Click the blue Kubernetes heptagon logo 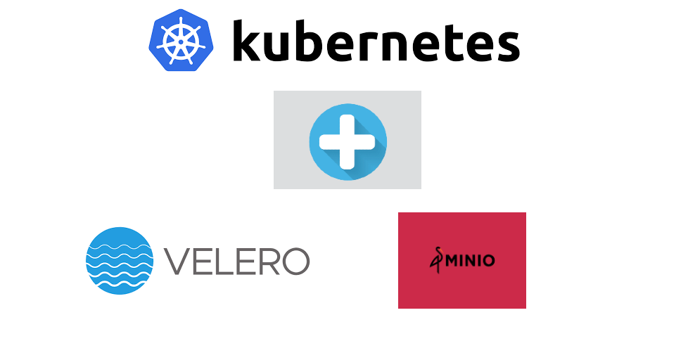tap(181, 40)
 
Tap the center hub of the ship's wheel tap(181, 41)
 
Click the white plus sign tap(348, 142)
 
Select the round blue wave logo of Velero tap(120, 260)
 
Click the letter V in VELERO tap(178, 262)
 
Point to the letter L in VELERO tap(225, 262)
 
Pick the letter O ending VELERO tap(295, 262)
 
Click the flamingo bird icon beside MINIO tap(438, 260)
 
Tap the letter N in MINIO tap(472, 260)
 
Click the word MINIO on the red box tap(470, 260)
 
